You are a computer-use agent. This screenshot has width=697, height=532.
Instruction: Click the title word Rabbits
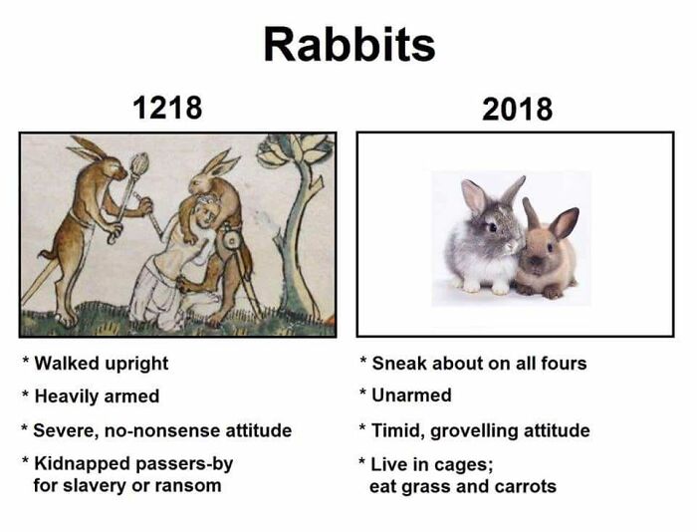(348, 45)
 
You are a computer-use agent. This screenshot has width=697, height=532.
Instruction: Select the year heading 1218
(167, 107)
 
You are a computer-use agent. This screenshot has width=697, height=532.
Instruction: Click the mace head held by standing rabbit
(138, 163)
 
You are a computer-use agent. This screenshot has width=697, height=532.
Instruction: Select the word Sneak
(396, 364)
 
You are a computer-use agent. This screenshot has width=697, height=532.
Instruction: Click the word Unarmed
(411, 396)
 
